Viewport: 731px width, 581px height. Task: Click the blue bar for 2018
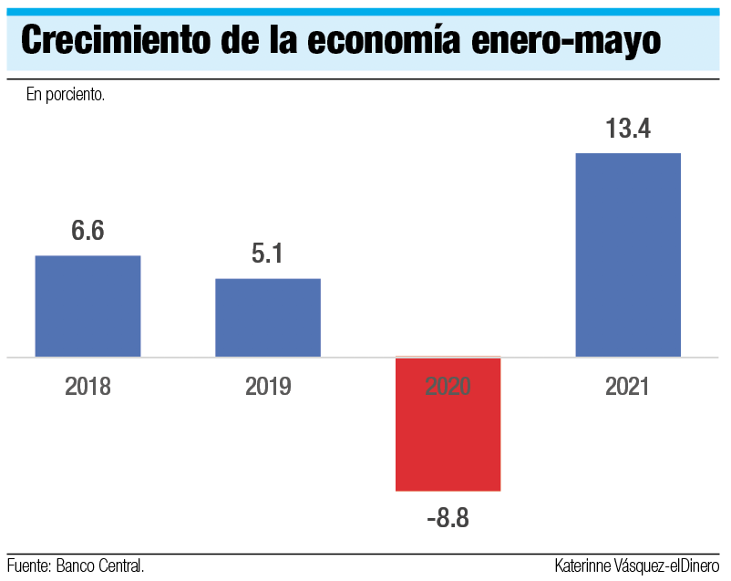point(88,306)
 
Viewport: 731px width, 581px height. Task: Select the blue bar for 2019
point(268,317)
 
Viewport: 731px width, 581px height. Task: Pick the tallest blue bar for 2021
point(628,254)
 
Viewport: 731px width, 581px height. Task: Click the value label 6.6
point(88,231)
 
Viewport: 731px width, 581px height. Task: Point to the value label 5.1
point(268,254)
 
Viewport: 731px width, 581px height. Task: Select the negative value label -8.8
point(448,520)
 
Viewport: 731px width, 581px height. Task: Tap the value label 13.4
point(628,129)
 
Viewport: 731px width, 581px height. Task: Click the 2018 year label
point(88,387)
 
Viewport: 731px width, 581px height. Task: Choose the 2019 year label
point(268,387)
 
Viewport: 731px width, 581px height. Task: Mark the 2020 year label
point(448,387)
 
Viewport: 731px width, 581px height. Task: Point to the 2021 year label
point(628,387)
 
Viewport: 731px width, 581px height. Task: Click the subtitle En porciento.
point(66,95)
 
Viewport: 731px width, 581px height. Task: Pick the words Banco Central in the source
point(100,565)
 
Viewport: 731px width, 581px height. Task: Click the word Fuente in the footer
point(28,565)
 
